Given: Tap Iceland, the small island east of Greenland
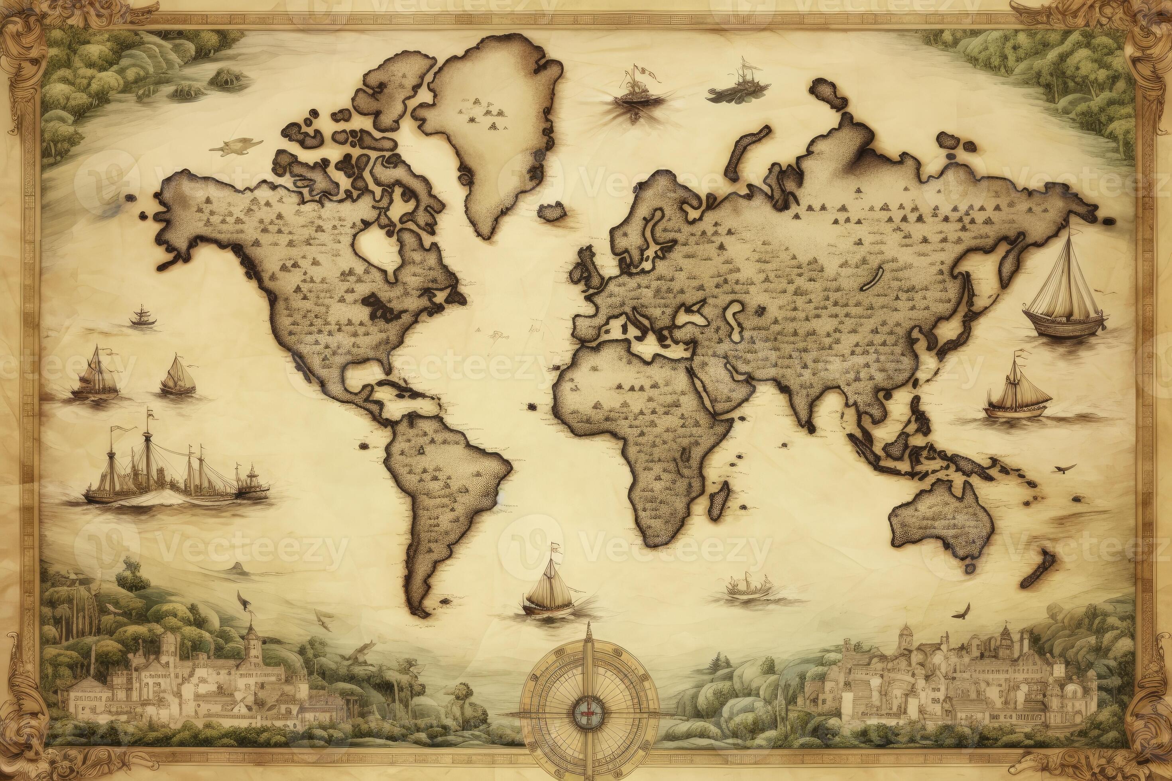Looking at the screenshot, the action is (552, 212).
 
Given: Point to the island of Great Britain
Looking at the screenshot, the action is (588, 271).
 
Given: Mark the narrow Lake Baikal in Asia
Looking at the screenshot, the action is (873, 278).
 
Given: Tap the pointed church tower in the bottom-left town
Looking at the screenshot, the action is (252, 642).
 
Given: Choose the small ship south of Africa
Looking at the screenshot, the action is (747, 588).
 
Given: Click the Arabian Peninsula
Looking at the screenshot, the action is (728, 386).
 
